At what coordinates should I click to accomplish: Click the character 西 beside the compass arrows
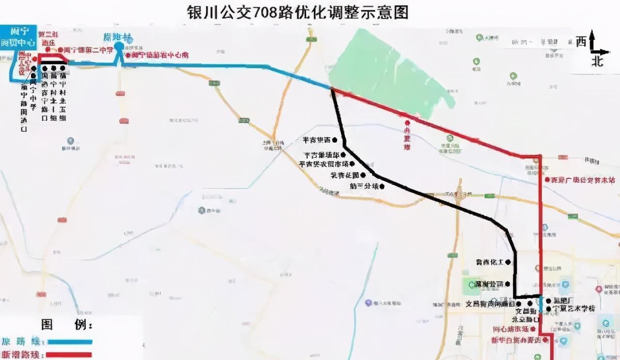[x=581, y=42]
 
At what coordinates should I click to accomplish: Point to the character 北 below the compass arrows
[x=598, y=61]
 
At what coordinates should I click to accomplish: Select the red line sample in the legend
[x=68, y=354]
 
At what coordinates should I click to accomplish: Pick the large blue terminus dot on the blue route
[x=119, y=47]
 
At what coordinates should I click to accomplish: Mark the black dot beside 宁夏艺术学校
[x=548, y=309]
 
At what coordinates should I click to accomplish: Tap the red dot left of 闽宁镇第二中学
[x=61, y=49]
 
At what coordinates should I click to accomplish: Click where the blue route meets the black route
[x=332, y=89]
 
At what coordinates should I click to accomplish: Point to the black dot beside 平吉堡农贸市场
[x=343, y=164]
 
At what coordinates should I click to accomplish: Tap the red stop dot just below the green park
[x=407, y=123]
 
